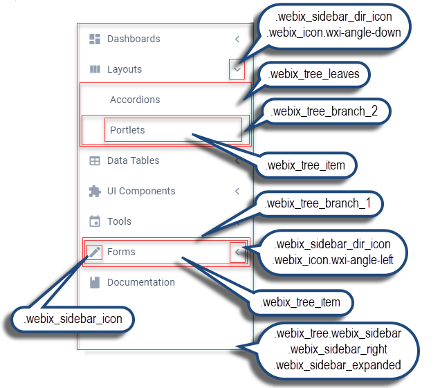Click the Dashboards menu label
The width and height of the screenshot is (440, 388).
coord(134,39)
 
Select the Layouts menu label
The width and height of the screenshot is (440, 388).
coord(125,69)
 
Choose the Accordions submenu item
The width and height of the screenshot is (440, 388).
coord(135,100)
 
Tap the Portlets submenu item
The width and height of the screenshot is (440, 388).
coord(127,130)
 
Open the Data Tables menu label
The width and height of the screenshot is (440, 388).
coord(133,160)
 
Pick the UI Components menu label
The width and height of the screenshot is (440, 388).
coord(141,191)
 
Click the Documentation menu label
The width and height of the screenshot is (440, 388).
coord(141,282)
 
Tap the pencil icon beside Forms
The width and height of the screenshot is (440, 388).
coord(95,252)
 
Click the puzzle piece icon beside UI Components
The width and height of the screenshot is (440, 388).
coord(95,191)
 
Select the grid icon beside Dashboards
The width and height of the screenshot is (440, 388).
coord(95,39)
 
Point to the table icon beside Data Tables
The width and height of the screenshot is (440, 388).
coord(95,160)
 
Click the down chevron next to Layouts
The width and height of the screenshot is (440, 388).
coord(237,69)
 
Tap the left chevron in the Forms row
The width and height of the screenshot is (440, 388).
coord(237,252)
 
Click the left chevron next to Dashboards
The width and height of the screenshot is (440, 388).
coord(237,39)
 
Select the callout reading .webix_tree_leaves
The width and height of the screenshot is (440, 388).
coord(315,73)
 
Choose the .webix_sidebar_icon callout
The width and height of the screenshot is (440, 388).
coord(73,319)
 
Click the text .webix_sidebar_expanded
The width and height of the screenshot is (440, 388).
coord(337,364)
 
